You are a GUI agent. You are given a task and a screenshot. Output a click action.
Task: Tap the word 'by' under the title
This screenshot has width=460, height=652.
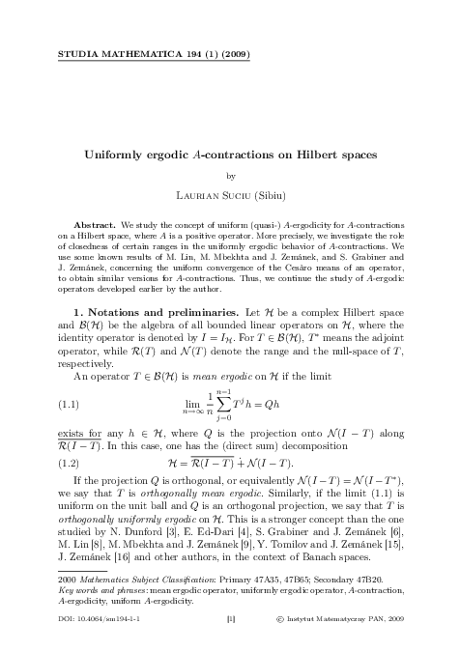tap(229, 177)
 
